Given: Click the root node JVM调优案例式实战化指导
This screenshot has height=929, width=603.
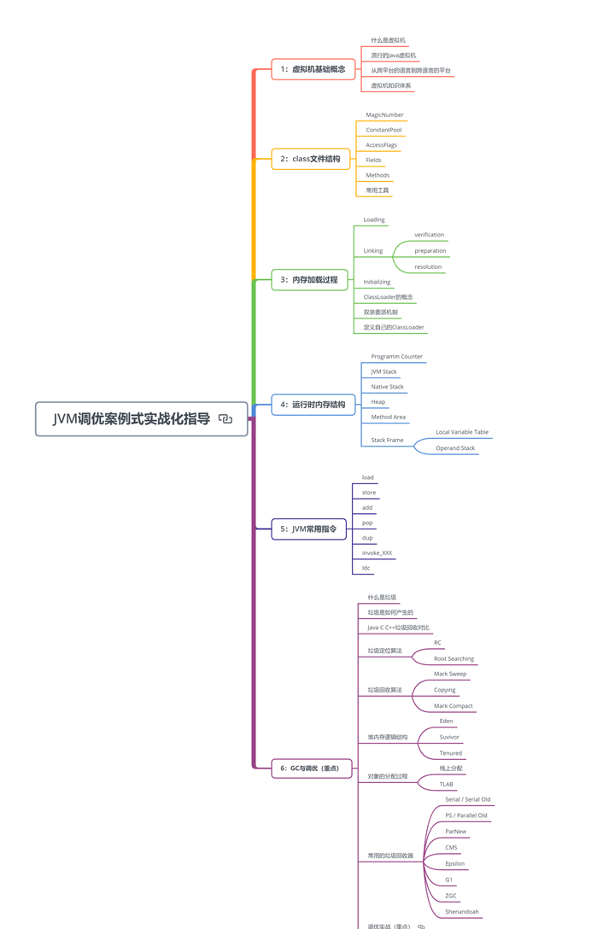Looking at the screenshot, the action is (141, 419).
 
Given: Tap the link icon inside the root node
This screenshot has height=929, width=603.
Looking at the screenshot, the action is (225, 419).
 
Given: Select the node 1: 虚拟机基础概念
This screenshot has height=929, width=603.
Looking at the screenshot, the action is (313, 69).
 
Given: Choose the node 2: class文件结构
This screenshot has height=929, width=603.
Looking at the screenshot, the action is (311, 159).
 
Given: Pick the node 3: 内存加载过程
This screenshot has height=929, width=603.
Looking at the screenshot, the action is (309, 280).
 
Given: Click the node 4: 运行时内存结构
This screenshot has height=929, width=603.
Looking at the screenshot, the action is (313, 405).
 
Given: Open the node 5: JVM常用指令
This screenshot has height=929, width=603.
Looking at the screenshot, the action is (308, 529).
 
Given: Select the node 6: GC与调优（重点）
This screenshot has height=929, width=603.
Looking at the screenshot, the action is (312, 768).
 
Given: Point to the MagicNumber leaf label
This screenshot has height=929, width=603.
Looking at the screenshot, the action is (384, 115).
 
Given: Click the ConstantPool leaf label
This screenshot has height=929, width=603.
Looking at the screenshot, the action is (383, 130).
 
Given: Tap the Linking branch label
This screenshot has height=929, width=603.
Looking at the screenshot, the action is (373, 251).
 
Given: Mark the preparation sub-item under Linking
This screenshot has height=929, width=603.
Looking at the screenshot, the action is (430, 251).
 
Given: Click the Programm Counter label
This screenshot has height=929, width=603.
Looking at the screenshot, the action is (396, 357).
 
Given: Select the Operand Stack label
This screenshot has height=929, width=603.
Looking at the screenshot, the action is (455, 448).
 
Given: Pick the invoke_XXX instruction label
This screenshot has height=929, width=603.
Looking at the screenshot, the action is (378, 552).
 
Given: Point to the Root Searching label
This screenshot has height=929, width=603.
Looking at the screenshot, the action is (454, 659).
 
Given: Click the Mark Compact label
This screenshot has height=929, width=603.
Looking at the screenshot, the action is (453, 705).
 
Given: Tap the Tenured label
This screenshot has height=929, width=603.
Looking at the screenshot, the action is (451, 753).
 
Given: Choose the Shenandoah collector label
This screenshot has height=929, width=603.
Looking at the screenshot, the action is (462, 912).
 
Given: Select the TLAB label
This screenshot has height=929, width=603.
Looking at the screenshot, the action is (446, 785).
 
